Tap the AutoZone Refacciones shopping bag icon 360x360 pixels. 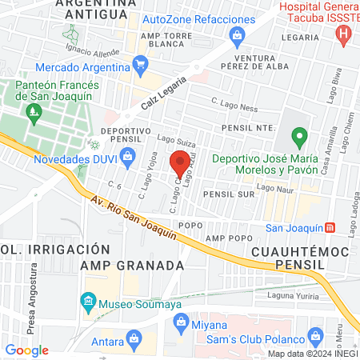click(237, 34)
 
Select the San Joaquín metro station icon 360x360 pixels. click(342, 226)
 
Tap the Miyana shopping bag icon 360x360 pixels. click(179, 324)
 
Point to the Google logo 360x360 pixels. click(27, 350)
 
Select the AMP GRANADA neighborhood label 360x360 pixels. click(138, 264)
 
